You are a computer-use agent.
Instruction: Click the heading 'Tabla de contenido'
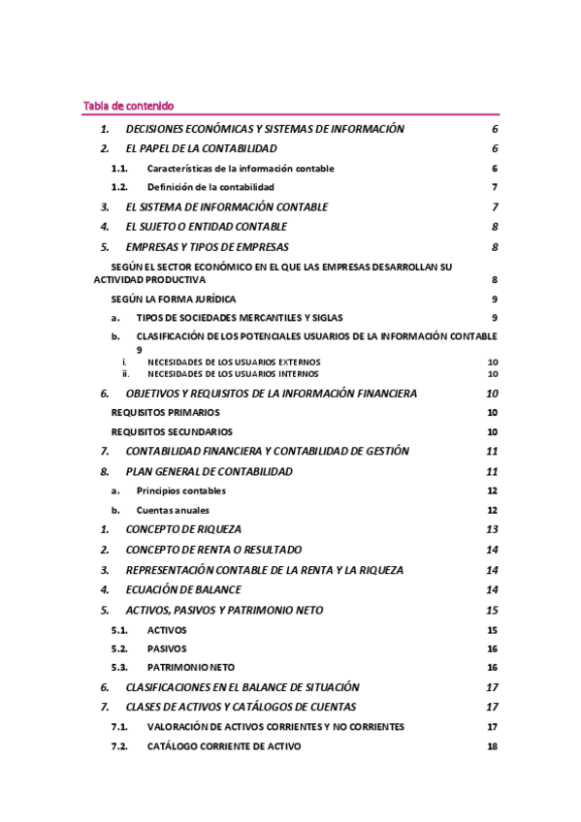tap(128, 106)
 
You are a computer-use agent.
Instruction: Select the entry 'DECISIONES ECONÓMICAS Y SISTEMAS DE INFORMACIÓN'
tap(265, 129)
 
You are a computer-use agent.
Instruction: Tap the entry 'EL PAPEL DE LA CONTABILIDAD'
tap(202, 148)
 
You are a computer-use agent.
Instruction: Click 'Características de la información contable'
tap(241, 168)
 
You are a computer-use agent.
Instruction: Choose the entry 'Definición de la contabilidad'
tap(210, 186)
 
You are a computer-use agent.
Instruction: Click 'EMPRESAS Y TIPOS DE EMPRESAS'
tap(208, 247)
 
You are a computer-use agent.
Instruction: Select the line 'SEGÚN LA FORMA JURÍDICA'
tap(174, 300)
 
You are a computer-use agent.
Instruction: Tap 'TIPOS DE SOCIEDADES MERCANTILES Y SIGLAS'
tap(239, 318)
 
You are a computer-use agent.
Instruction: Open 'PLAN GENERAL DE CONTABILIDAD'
tap(209, 471)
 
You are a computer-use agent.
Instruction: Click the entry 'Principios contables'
tap(181, 490)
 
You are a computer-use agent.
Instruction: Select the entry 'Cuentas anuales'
tap(173, 510)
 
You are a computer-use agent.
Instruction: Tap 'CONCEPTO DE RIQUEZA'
tap(183, 529)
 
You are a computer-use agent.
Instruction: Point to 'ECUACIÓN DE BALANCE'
tap(183, 589)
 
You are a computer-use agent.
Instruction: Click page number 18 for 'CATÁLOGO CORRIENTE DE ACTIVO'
tap(492, 746)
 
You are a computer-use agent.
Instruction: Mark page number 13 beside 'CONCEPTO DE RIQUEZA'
tap(492, 529)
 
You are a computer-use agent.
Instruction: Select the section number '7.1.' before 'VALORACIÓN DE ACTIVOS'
tap(119, 726)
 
